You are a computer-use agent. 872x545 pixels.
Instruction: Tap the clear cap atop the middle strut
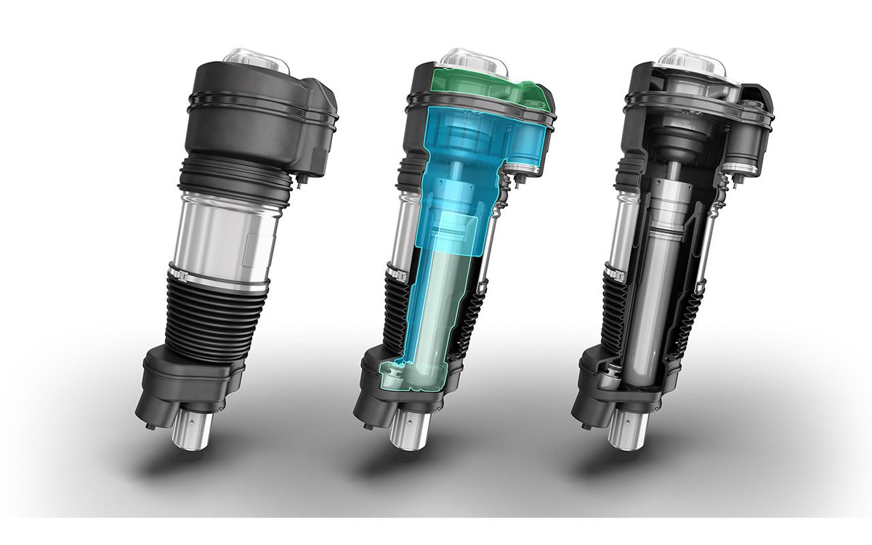tap(474, 60)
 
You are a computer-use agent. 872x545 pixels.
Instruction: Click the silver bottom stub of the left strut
tap(193, 429)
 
